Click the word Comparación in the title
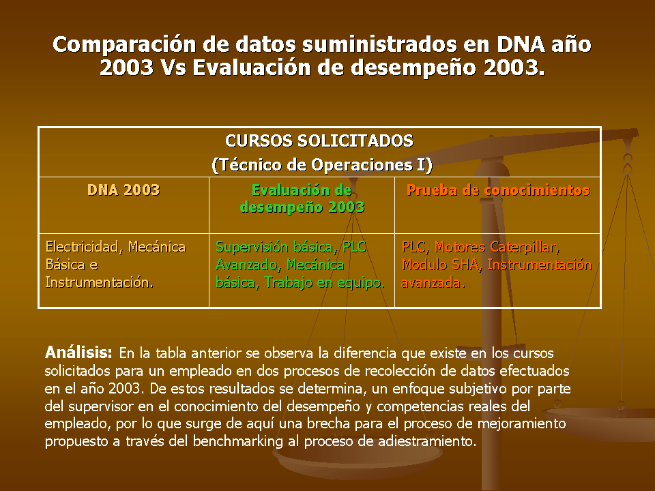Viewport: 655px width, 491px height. click(x=124, y=45)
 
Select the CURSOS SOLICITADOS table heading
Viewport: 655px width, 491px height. click(x=319, y=140)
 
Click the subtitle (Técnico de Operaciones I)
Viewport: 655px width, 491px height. click(x=321, y=164)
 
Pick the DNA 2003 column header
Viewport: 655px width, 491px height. click(x=123, y=190)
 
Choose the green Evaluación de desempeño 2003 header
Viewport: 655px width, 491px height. click(x=302, y=198)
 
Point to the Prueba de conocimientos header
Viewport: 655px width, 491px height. click(x=498, y=190)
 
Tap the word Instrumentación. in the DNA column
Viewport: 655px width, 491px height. click(x=100, y=282)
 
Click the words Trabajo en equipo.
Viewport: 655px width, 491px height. click(x=325, y=282)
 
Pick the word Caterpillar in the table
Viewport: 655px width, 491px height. click(x=525, y=247)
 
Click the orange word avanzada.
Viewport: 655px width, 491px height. click(x=433, y=282)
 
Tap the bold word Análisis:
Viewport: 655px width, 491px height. click(x=78, y=353)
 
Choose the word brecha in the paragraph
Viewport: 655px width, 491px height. click(x=328, y=423)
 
